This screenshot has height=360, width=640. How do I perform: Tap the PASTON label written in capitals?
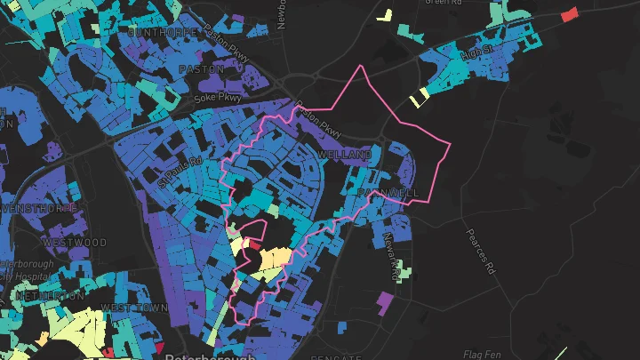(x=202, y=68)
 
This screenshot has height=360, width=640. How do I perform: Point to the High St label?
(x=476, y=55)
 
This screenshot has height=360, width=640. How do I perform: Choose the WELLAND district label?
(x=345, y=156)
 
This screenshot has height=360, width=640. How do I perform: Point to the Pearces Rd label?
(x=479, y=251)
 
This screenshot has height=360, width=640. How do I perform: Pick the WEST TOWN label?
(x=134, y=308)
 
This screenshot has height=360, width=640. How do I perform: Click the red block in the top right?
(x=569, y=13)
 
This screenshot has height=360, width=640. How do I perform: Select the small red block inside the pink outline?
(x=253, y=244)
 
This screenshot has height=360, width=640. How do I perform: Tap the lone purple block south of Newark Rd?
(x=383, y=302)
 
